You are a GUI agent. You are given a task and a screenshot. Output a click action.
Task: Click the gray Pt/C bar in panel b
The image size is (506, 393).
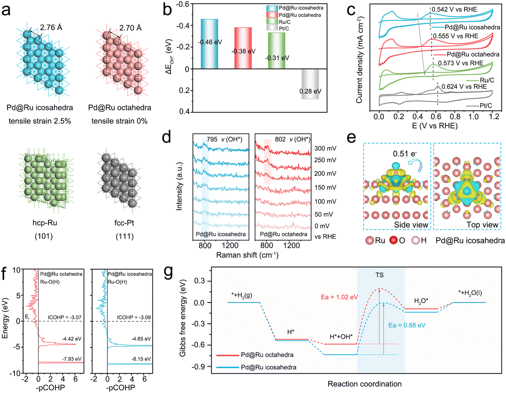point(310,84)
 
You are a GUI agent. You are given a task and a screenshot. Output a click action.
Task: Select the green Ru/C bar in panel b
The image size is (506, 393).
point(276,51)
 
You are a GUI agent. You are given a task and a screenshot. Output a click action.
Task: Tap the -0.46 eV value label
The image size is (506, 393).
point(210,42)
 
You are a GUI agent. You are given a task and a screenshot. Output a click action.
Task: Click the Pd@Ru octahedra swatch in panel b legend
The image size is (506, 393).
point(272,15)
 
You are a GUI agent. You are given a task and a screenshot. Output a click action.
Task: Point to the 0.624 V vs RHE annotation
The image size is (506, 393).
point(464,87)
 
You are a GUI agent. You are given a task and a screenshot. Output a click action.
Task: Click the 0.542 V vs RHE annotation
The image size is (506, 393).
point(454,9)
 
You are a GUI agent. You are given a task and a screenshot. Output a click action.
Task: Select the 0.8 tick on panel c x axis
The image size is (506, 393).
point(455,116)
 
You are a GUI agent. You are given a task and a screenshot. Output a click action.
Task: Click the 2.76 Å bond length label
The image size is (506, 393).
point(51,27)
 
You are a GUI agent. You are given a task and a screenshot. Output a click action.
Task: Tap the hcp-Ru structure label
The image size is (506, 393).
point(45,223)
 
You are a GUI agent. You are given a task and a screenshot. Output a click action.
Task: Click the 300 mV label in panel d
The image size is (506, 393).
point(325,148)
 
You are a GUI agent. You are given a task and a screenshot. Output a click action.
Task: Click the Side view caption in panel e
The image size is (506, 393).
point(411,225)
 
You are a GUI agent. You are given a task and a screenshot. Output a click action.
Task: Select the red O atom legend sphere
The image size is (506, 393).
point(393,241)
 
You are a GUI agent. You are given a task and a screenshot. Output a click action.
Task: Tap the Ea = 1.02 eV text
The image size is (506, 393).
point(339,297)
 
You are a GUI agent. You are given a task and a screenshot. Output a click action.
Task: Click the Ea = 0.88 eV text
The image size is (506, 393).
point(407,325)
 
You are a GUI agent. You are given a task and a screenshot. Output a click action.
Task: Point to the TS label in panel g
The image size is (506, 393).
point(379,275)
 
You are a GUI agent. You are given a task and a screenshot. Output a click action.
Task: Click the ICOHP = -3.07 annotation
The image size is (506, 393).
point(64,317)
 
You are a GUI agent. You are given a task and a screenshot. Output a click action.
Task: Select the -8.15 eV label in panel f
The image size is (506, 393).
point(141,359)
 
